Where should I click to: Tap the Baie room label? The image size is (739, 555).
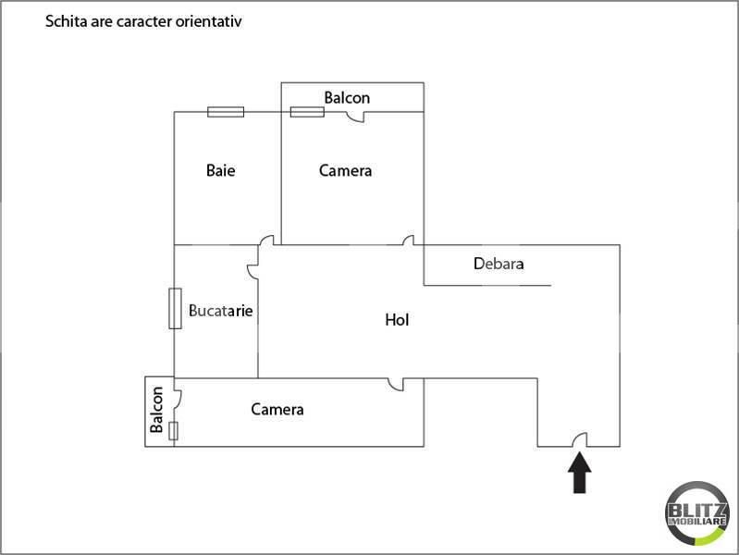pyautogui.click(x=220, y=170)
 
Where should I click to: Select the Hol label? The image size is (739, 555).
pyautogui.click(x=397, y=320)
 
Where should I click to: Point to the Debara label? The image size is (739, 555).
pyautogui.click(x=499, y=263)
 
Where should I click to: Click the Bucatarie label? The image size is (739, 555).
pyautogui.click(x=220, y=311)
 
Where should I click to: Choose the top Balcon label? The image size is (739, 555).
pyautogui.click(x=347, y=97)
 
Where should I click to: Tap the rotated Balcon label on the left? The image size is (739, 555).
pyautogui.click(x=156, y=411)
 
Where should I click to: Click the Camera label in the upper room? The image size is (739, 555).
pyautogui.click(x=345, y=170)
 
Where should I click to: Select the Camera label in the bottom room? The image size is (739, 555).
pyautogui.click(x=277, y=409)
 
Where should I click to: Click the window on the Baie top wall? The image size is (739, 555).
pyautogui.click(x=226, y=112)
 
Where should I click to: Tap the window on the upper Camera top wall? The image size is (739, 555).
pyautogui.click(x=307, y=112)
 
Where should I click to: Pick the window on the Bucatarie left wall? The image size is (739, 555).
pyautogui.click(x=174, y=308)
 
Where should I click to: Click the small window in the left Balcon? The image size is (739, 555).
pyautogui.click(x=174, y=430)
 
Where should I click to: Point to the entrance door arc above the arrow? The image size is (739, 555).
pyautogui.click(x=579, y=441)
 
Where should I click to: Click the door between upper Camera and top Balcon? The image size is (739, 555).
pyautogui.click(x=356, y=117)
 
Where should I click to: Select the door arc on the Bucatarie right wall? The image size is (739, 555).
pyautogui.click(x=252, y=271)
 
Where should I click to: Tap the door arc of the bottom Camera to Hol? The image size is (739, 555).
pyautogui.click(x=396, y=383)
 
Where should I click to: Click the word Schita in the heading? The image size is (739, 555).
pyautogui.click(x=64, y=20)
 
